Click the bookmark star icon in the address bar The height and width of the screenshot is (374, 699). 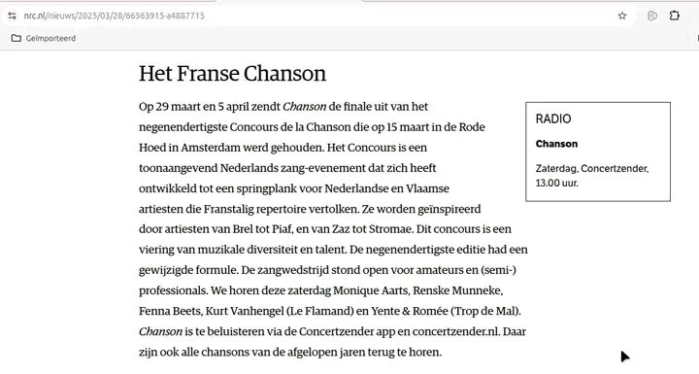pyautogui.click(x=622, y=16)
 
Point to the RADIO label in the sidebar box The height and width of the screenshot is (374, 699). pyautogui.click(x=553, y=119)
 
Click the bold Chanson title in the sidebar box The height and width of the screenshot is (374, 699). pyautogui.click(x=556, y=144)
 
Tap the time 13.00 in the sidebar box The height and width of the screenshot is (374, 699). pyautogui.click(x=549, y=182)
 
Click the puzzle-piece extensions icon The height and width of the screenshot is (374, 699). pyautogui.click(x=675, y=16)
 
